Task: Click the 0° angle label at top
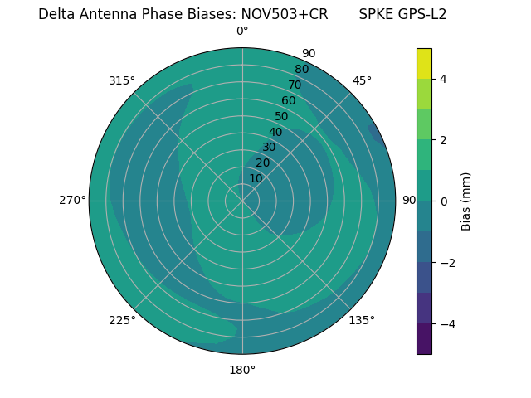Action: coord(242,32)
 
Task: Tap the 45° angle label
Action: coord(362,80)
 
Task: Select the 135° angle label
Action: coord(362,320)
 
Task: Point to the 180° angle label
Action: coord(242,370)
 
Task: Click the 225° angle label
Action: coord(122,320)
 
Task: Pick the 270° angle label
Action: coord(72,201)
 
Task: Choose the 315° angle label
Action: coord(122,80)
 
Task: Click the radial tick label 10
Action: coord(256,178)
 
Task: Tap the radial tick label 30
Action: coord(269,148)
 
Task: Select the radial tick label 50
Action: coord(282,117)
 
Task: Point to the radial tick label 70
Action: coord(295,85)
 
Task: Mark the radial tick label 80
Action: coord(301,70)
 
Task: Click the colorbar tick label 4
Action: coord(444,79)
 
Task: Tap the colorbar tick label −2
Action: coord(446,262)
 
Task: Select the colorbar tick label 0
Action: coord(444,201)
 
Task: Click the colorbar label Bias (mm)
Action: coord(466,201)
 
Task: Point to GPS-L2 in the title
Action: coord(419,14)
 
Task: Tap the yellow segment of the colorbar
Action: coord(424,63)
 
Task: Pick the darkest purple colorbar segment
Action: coord(424,339)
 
